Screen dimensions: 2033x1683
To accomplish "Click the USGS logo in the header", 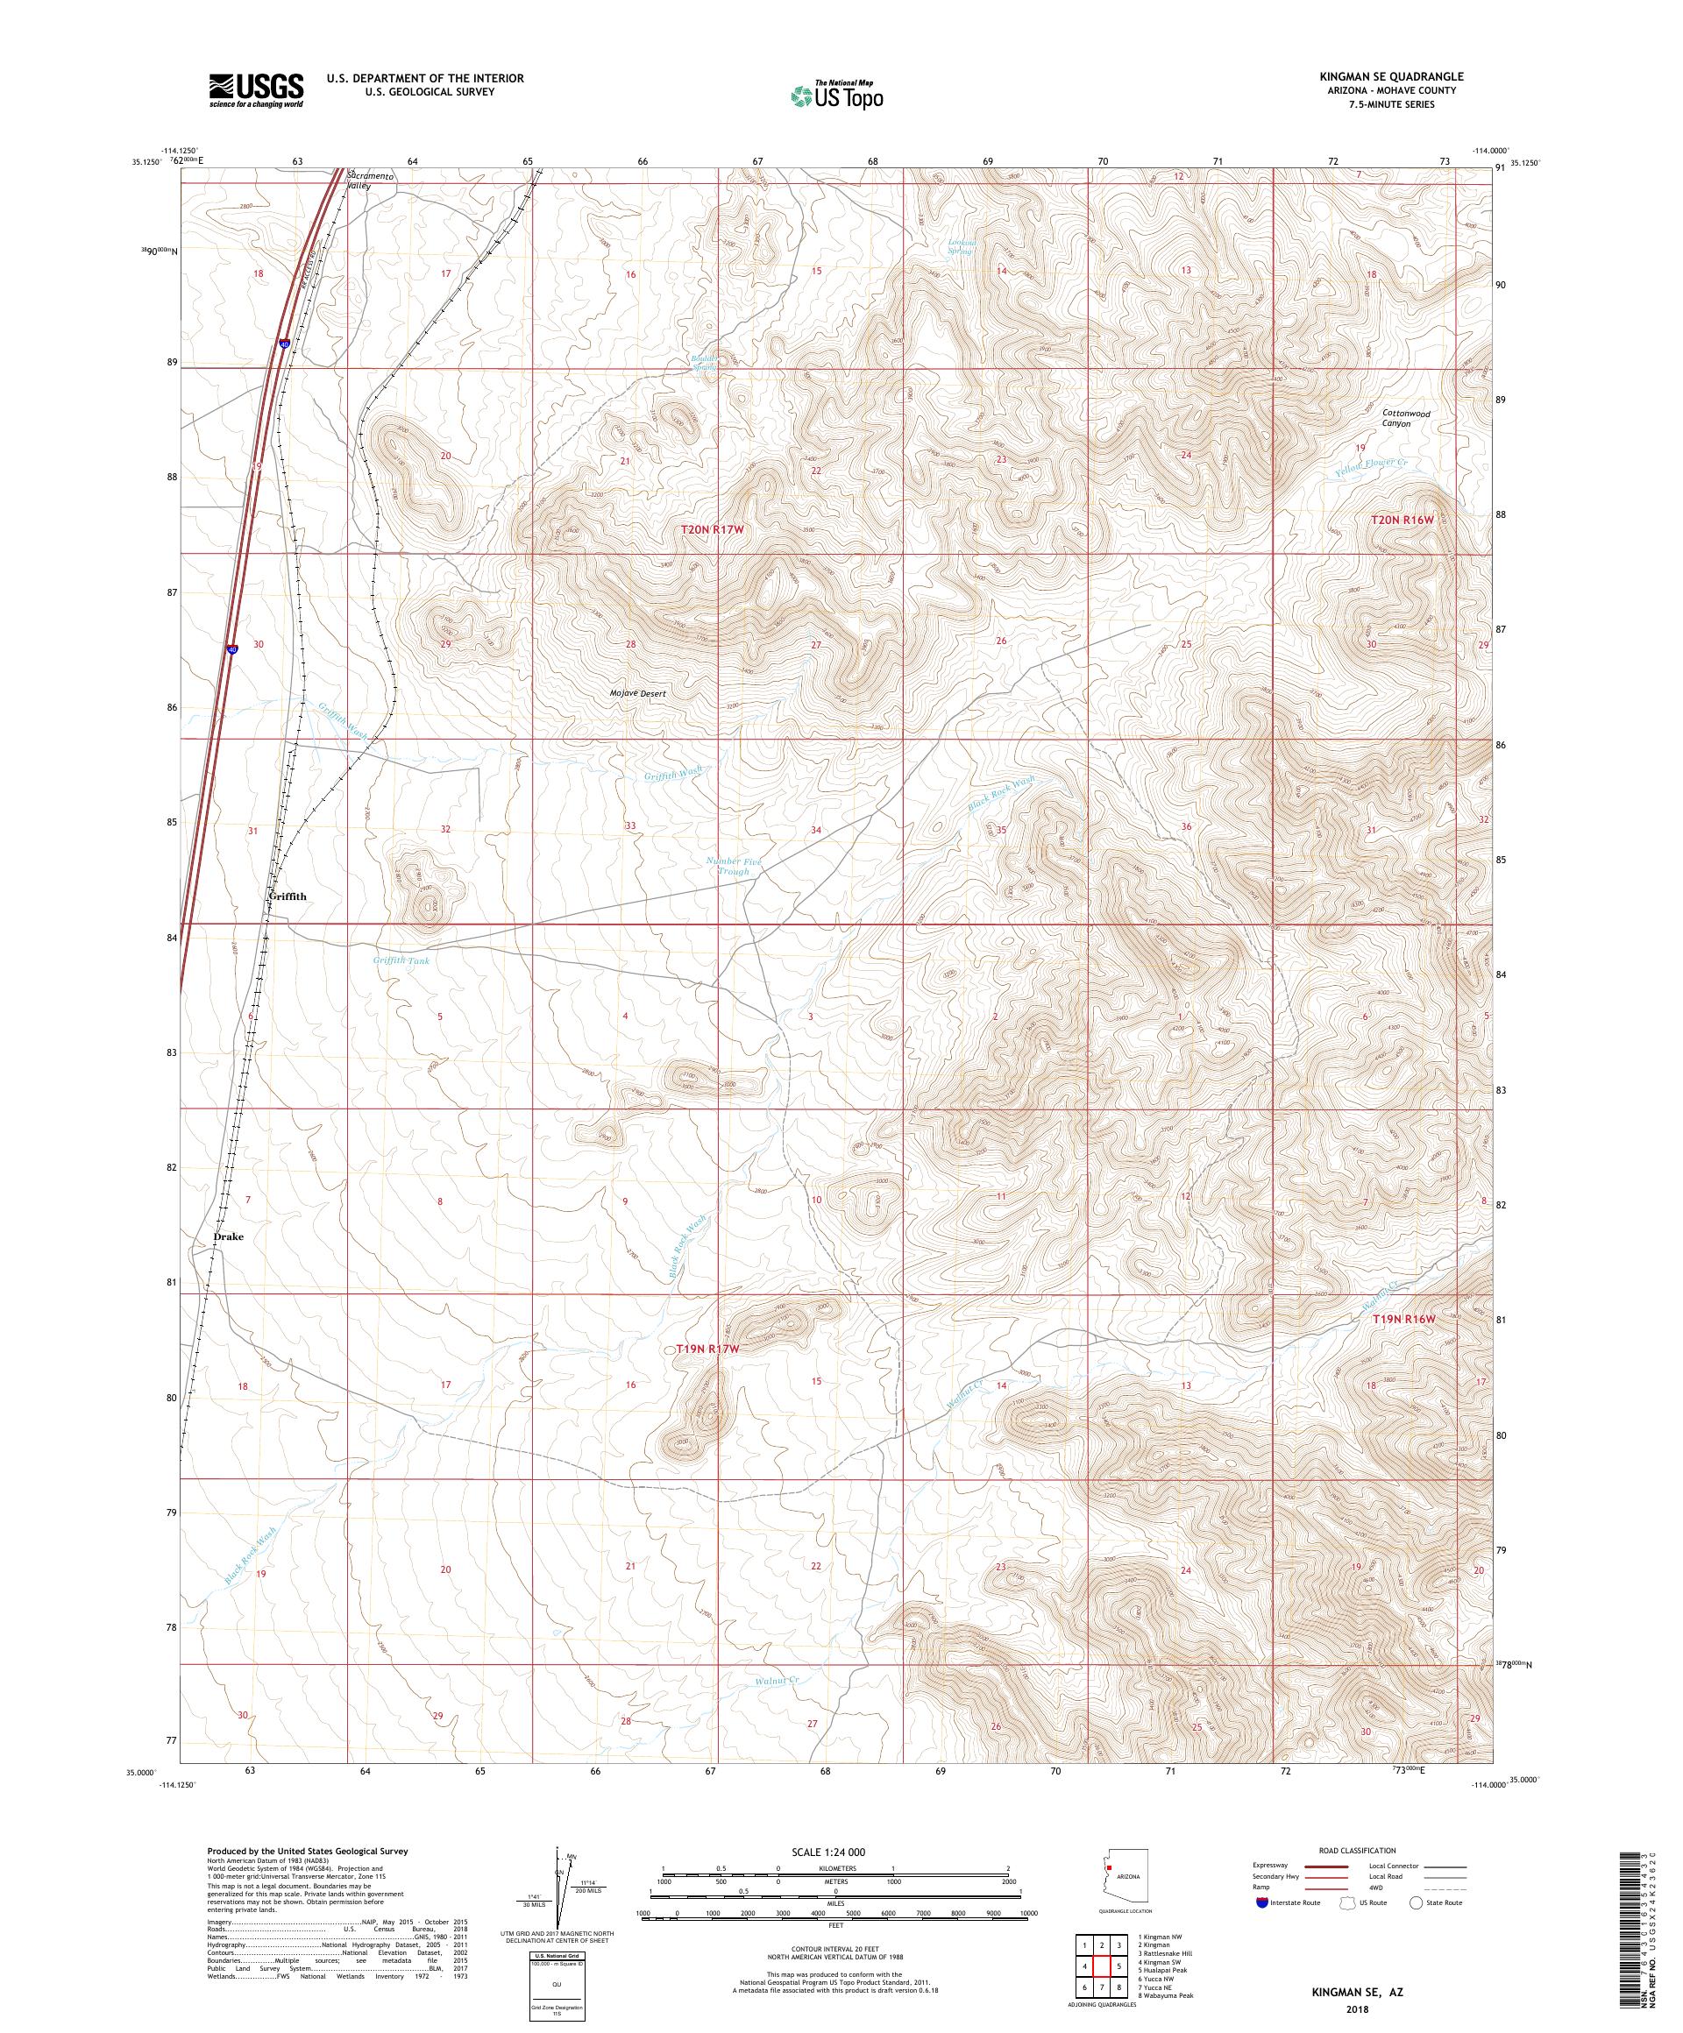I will [256, 91].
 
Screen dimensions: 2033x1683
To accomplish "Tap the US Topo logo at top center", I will [838, 95].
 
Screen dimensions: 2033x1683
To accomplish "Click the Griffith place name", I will [287, 896].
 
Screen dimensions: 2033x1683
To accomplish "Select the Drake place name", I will [229, 1237].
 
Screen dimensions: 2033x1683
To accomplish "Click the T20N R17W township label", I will [715, 529].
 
